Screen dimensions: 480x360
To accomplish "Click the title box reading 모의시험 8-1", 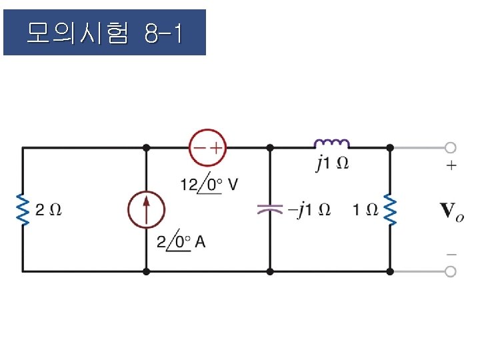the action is (x=105, y=32).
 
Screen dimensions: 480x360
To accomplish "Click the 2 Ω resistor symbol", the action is (x=23, y=209).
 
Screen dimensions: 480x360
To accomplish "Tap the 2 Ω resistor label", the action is (x=49, y=210).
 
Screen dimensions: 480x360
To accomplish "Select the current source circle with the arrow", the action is (x=146, y=210).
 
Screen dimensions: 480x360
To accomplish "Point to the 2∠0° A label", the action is (x=181, y=243).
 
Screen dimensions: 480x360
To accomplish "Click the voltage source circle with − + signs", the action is (x=208, y=147).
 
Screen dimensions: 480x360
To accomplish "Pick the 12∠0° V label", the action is (x=208, y=185).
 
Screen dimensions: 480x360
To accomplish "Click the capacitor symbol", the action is (x=270, y=209).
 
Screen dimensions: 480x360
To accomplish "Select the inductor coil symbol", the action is (x=331, y=143).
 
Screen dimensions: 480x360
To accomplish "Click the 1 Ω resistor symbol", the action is (x=390, y=210).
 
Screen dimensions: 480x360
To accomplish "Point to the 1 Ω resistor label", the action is (x=366, y=210).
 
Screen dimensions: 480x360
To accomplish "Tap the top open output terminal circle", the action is (x=451, y=147).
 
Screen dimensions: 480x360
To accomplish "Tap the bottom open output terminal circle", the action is (x=451, y=271).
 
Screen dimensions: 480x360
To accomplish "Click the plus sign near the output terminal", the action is (x=451, y=165).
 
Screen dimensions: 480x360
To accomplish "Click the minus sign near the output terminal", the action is (x=451, y=254).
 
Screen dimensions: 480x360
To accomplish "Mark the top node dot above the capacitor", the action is (x=270, y=147).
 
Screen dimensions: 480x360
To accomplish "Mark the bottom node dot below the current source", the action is (x=146, y=271).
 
